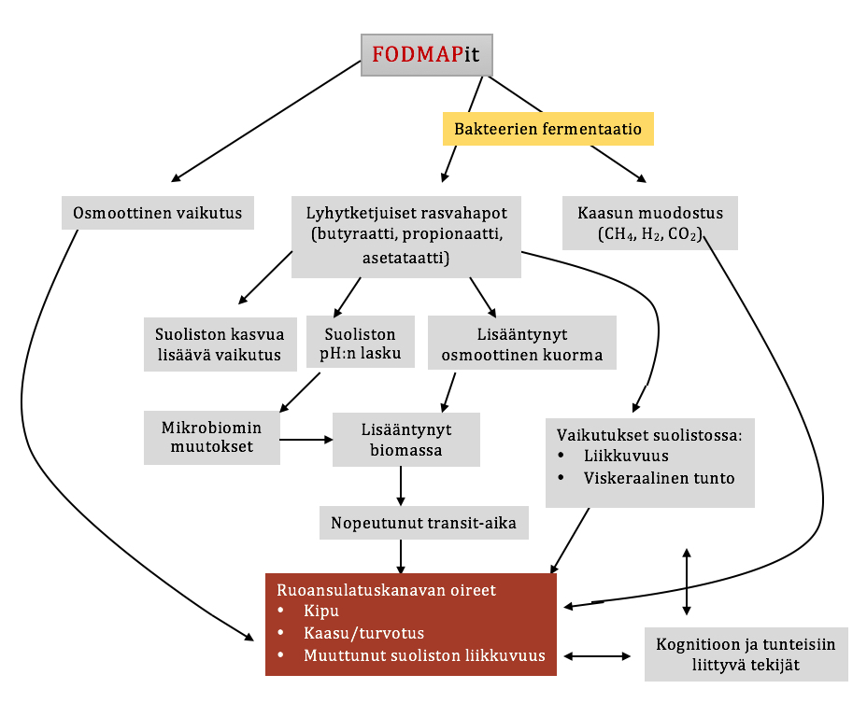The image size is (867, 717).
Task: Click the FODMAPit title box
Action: pos(426,54)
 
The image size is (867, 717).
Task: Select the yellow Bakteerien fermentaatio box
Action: pos(547,129)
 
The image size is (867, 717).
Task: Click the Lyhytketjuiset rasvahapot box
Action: pos(406,235)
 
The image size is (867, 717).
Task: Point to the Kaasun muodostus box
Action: pos(651,222)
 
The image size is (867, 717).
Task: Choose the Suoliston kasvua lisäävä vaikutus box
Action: pos(220,344)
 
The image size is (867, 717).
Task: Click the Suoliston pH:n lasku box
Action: pos(360,344)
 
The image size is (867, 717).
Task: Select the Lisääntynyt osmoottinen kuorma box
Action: pos(521,344)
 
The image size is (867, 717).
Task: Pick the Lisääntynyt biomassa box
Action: pos(406,440)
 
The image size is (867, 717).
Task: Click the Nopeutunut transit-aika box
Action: pos(424,523)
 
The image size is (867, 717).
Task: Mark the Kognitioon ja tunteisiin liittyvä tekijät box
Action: pos(746,654)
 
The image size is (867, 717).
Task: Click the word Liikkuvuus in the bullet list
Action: pos(625,457)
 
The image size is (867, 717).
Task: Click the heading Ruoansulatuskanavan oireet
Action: pos(386,590)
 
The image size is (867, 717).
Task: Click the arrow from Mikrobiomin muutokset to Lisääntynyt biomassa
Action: pos(306,439)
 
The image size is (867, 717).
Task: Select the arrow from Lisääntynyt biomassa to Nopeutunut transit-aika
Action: pos(401,485)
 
